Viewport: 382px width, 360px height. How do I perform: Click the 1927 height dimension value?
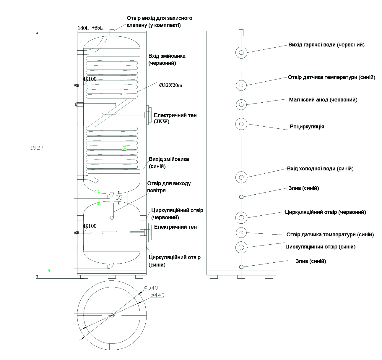(x=37, y=148)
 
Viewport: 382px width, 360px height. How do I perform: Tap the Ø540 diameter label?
(x=151, y=288)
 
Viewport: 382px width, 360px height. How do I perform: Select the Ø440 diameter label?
(x=157, y=295)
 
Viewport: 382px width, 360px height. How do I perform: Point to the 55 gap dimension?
(x=119, y=197)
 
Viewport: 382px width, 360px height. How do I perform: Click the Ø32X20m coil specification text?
(x=171, y=85)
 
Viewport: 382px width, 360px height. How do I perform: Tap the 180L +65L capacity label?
(x=90, y=28)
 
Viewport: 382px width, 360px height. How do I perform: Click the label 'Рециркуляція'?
(x=307, y=127)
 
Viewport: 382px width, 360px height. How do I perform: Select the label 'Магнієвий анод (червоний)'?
(x=323, y=100)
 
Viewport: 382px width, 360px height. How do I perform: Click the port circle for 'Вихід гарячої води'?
(x=241, y=53)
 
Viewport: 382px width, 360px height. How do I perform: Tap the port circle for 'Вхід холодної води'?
(x=241, y=177)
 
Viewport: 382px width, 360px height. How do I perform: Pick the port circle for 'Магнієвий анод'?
(x=241, y=104)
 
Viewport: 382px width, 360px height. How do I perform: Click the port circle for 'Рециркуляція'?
(x=241, y=124)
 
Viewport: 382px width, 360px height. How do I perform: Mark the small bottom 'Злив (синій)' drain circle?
(x=241, y=267)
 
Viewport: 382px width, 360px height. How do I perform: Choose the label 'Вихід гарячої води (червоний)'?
(x=326, y=45)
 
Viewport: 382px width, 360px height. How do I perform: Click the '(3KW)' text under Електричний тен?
(x=162, y=122)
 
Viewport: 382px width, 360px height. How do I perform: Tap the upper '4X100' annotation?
(x=90, y=79)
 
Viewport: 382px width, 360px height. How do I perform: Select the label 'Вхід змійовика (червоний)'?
(x=167, y=59)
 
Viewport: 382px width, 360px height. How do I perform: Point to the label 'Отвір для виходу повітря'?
(x=169, y=187)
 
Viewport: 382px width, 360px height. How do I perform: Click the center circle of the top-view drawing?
(x=112, y=315)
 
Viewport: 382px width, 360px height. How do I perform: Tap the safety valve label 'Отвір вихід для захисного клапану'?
(x=160, y=22)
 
